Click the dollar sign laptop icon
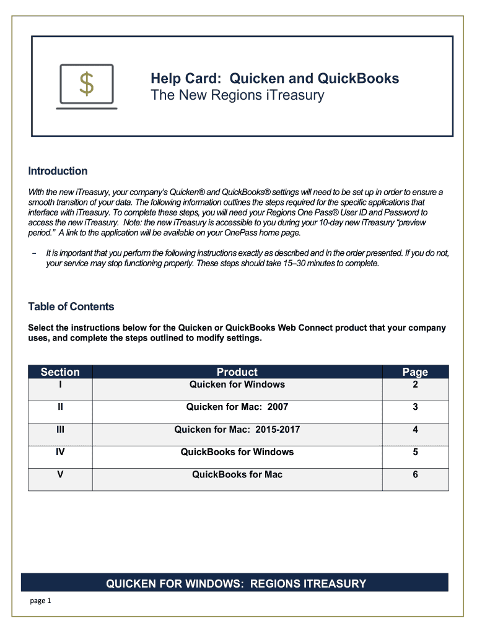pyautogui.click(x=86, y=86)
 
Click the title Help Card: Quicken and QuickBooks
pyautogui.click(x=274, y=79)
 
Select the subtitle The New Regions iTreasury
pyautogui.click(x=237, y=95)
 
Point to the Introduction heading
pyautogui.click(x=58, y=171)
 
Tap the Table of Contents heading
pyautogui.click(x=71, y=306)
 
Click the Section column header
pyautogui.click(x=60, y=372)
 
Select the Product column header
pyautogui.click(x=237, y=372)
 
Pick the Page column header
pyautogui.click(x=415, y=372)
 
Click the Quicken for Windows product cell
pyautogui.click(x=237, y=384)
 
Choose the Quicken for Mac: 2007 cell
pyautogui.click(x=237, y=407)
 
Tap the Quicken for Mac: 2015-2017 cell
pyautogui.click(x=237, y=430)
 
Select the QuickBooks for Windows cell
pyautogui.click(x=237, y=452)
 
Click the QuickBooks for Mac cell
pyautogui.click(x=237, y=474)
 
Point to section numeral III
pyautogui.click(x=60, y=430)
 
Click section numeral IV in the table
pyautogui.click(x=60, y=452)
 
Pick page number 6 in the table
pyautogui.click(x=415, y=474)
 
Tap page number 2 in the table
pyautogui.click(x=415, y=384)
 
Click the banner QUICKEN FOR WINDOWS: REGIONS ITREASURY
pyautogui.click(x=236, y=583)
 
